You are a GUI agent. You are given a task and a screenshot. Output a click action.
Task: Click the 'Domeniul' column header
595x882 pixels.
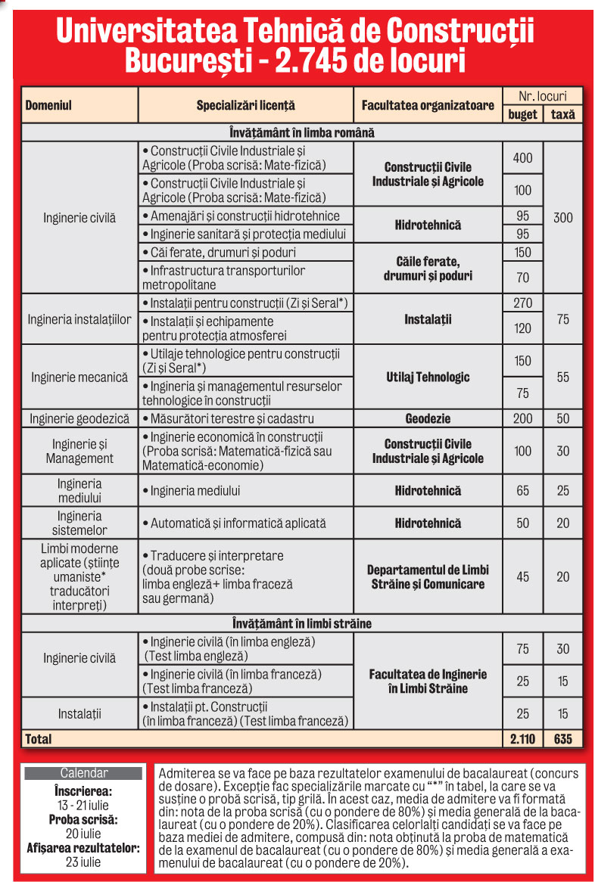point(48,105)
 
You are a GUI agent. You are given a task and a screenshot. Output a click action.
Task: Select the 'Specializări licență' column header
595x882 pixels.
point(245,105)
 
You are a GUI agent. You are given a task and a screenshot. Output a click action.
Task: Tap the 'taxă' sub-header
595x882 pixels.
point(562,114)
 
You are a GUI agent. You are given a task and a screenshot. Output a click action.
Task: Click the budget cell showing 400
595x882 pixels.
point(522,158)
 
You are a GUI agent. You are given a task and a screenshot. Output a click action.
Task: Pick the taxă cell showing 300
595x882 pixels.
point(562,218)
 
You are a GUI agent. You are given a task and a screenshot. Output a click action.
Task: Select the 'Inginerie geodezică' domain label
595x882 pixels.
point(79,418)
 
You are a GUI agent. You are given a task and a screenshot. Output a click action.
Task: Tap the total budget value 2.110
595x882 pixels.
point(522,738)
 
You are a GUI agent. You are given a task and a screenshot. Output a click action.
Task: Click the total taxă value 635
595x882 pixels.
point(562,738)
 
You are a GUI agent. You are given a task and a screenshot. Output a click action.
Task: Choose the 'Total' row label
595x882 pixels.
point(39,738)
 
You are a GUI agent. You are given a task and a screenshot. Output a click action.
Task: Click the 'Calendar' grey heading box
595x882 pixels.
point(83,773)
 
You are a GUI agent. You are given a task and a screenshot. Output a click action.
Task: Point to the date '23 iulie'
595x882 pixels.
point(83,862)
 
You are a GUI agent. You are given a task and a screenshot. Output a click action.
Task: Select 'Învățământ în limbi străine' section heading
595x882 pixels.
point(301,624)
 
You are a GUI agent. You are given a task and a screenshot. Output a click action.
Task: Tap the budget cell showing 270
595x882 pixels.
point(522,303)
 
